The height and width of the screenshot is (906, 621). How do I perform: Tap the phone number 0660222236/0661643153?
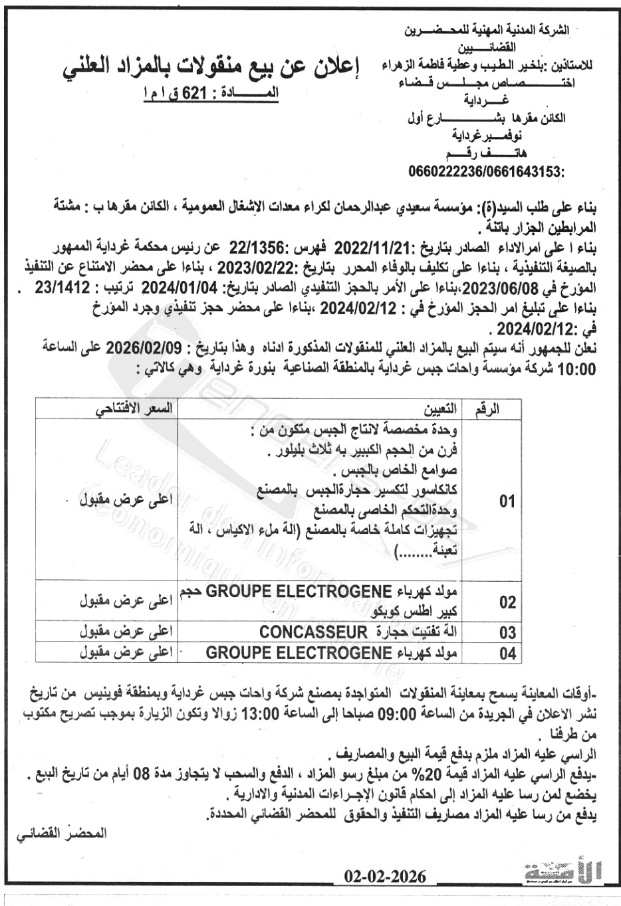(x=487, y=173)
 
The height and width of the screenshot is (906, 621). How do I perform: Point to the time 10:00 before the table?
(x=576, y=369)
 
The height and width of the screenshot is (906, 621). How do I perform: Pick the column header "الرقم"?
(x=487, y=408)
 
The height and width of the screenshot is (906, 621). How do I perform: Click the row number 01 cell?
(x=507, y=501)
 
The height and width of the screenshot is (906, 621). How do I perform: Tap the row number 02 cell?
(x=507, y=602)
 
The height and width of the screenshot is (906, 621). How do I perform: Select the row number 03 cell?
(x=507, y=632)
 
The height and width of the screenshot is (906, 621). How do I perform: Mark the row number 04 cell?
(x=507, y=654)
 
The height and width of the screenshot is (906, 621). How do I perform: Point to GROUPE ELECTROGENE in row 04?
(x=298, y=653)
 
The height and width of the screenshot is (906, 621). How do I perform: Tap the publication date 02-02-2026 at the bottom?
(x=386, y=876)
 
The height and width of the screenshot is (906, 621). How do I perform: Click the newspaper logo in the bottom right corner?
(x=562, y=872)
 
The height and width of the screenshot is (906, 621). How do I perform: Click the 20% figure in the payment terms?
(x=426, y=774)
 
